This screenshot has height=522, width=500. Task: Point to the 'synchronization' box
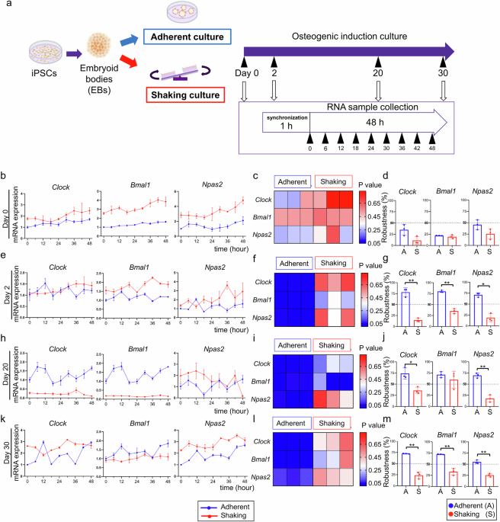287,123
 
